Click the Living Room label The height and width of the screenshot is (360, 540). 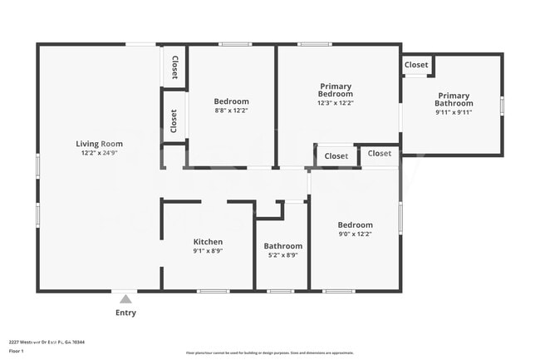pos(99,144)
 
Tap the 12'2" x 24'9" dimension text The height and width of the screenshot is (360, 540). pos(99,153)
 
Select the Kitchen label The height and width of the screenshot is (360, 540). pos(208,242)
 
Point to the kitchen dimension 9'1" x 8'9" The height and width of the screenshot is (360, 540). pos(208,250)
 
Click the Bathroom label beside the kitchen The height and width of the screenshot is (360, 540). pos(283,246)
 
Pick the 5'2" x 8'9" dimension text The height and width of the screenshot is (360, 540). pos(283,255)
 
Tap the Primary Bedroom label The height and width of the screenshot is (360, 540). pos(336,90)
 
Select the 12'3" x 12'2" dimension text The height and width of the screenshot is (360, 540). pos(336,103)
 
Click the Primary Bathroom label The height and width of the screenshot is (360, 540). pos(454,100)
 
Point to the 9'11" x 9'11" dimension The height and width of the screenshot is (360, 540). pos(454,112)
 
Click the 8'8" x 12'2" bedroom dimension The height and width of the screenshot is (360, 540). pos(231,110)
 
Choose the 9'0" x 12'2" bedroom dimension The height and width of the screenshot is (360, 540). pos(355,234)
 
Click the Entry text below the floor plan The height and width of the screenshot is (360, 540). pos(125,313)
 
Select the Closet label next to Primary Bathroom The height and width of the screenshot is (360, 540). pos(416,65)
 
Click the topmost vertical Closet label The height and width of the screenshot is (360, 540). pos(174,66)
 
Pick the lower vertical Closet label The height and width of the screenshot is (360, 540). pos(174,121)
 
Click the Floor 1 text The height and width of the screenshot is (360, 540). pos(17,351)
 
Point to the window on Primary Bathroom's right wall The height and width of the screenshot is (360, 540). pos(502,106)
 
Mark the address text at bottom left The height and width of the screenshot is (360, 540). pos(47,341)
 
